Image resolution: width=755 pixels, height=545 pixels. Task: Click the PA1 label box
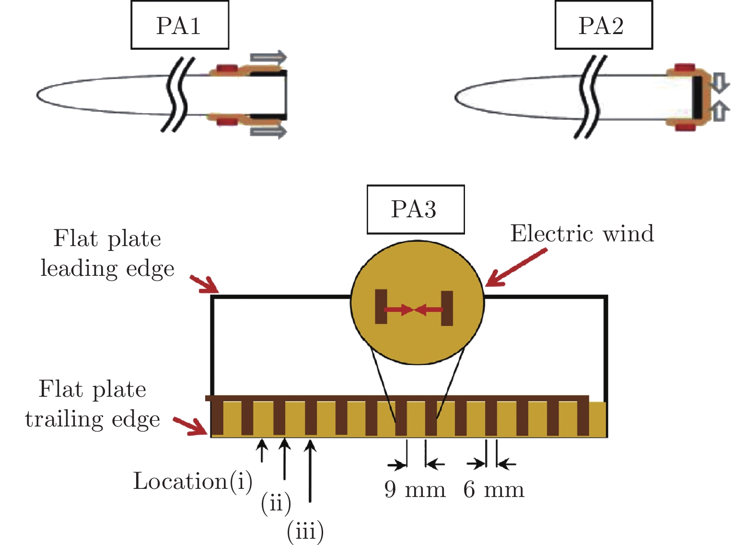pos(180,25)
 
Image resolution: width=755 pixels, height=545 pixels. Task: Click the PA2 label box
pos(604,25)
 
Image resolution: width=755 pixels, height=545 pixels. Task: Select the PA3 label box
pos(415,209)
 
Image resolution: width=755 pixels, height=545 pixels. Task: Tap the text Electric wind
pos(582,234)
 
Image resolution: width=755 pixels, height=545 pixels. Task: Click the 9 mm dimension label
pos(415,490)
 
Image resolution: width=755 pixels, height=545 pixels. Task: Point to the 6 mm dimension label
pos(494,490)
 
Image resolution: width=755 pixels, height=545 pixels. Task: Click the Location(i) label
pos(192,481)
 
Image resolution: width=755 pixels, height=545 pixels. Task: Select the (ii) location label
pos(276,503)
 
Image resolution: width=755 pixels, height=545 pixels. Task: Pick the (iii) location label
pos(305,531)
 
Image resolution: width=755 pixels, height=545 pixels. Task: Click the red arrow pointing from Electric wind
pos(515,268)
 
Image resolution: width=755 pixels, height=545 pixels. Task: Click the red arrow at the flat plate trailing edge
pos(190,426)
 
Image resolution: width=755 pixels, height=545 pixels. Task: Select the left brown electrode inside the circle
pos(381,307)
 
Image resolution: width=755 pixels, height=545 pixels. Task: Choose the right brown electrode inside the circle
pos(447,308)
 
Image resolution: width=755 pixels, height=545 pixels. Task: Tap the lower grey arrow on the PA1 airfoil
pos(268,131)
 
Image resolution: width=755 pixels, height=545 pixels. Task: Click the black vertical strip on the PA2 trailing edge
pos(696,98)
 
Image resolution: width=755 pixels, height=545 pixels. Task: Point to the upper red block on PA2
pos(685,68)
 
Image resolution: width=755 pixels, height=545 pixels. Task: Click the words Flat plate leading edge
pos(107,253)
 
